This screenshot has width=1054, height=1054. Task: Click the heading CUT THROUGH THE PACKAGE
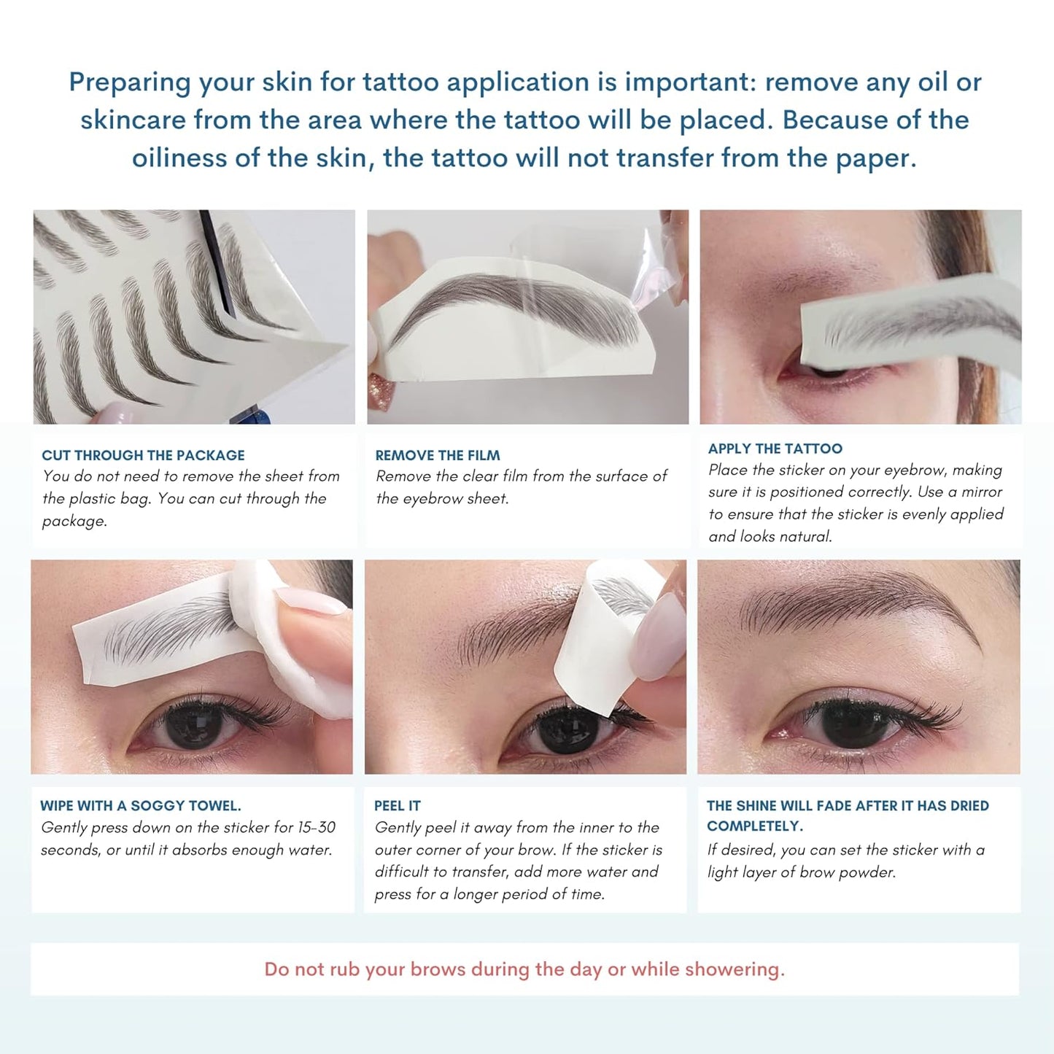[x=143, y=455]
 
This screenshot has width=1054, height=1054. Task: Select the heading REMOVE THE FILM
[x=438, y=455]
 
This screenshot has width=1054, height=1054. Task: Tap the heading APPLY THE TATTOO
[x=775, y=449]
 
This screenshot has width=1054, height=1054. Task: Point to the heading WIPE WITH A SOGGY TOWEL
[x=140, y=805]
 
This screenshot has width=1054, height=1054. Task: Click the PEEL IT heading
[x=397, y=805]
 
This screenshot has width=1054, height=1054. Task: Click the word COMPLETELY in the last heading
[x=754, y=826]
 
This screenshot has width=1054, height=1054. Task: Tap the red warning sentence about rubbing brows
[x=524, y=969]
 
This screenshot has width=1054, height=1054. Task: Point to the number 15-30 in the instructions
[x=316, y=827]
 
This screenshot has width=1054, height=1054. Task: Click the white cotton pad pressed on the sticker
[x=292, y=642]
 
